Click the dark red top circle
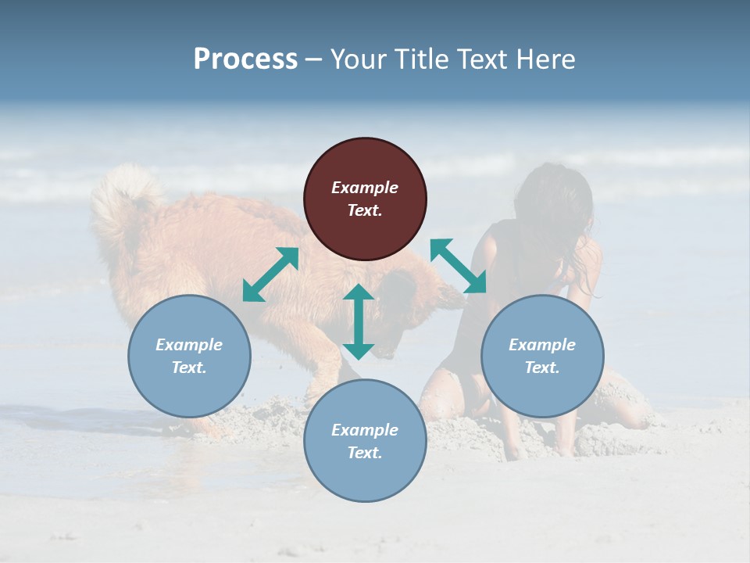point(365,199)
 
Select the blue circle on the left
point(189,356)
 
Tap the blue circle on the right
point(542,356)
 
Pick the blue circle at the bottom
point(365,441)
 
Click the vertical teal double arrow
point(359,321)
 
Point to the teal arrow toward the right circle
point(459,266)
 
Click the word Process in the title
point(245,59)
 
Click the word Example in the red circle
point(365,188)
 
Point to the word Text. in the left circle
point(189,368)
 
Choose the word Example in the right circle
point(542,345)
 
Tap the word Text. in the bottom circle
point(365,453)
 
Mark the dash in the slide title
point(313,59)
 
